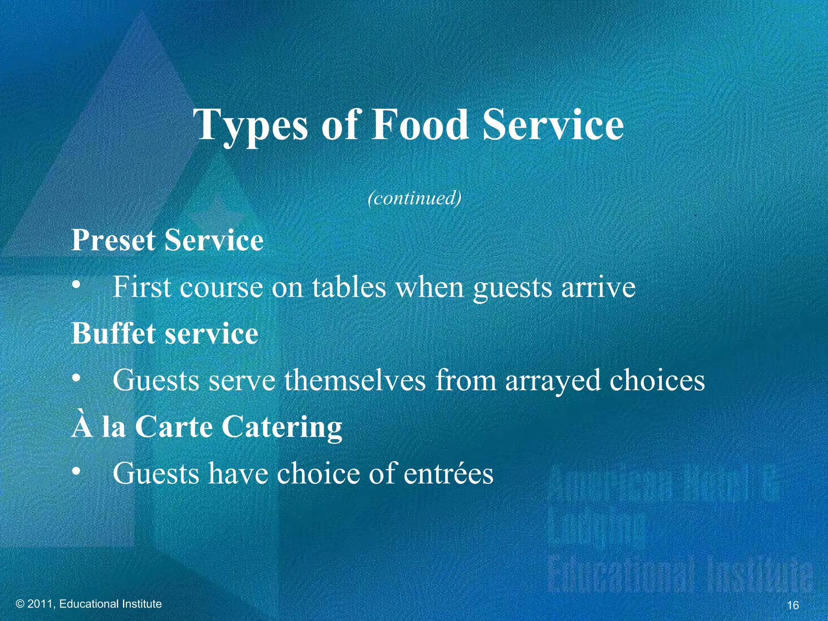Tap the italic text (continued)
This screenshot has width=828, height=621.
(x=414, y=198)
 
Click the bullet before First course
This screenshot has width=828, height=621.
(x=75, y=286)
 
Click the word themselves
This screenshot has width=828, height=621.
(x=355, y=380)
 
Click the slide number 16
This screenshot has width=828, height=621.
(x=793, y=605)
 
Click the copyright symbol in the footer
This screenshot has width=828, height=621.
(x=20, y=604)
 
